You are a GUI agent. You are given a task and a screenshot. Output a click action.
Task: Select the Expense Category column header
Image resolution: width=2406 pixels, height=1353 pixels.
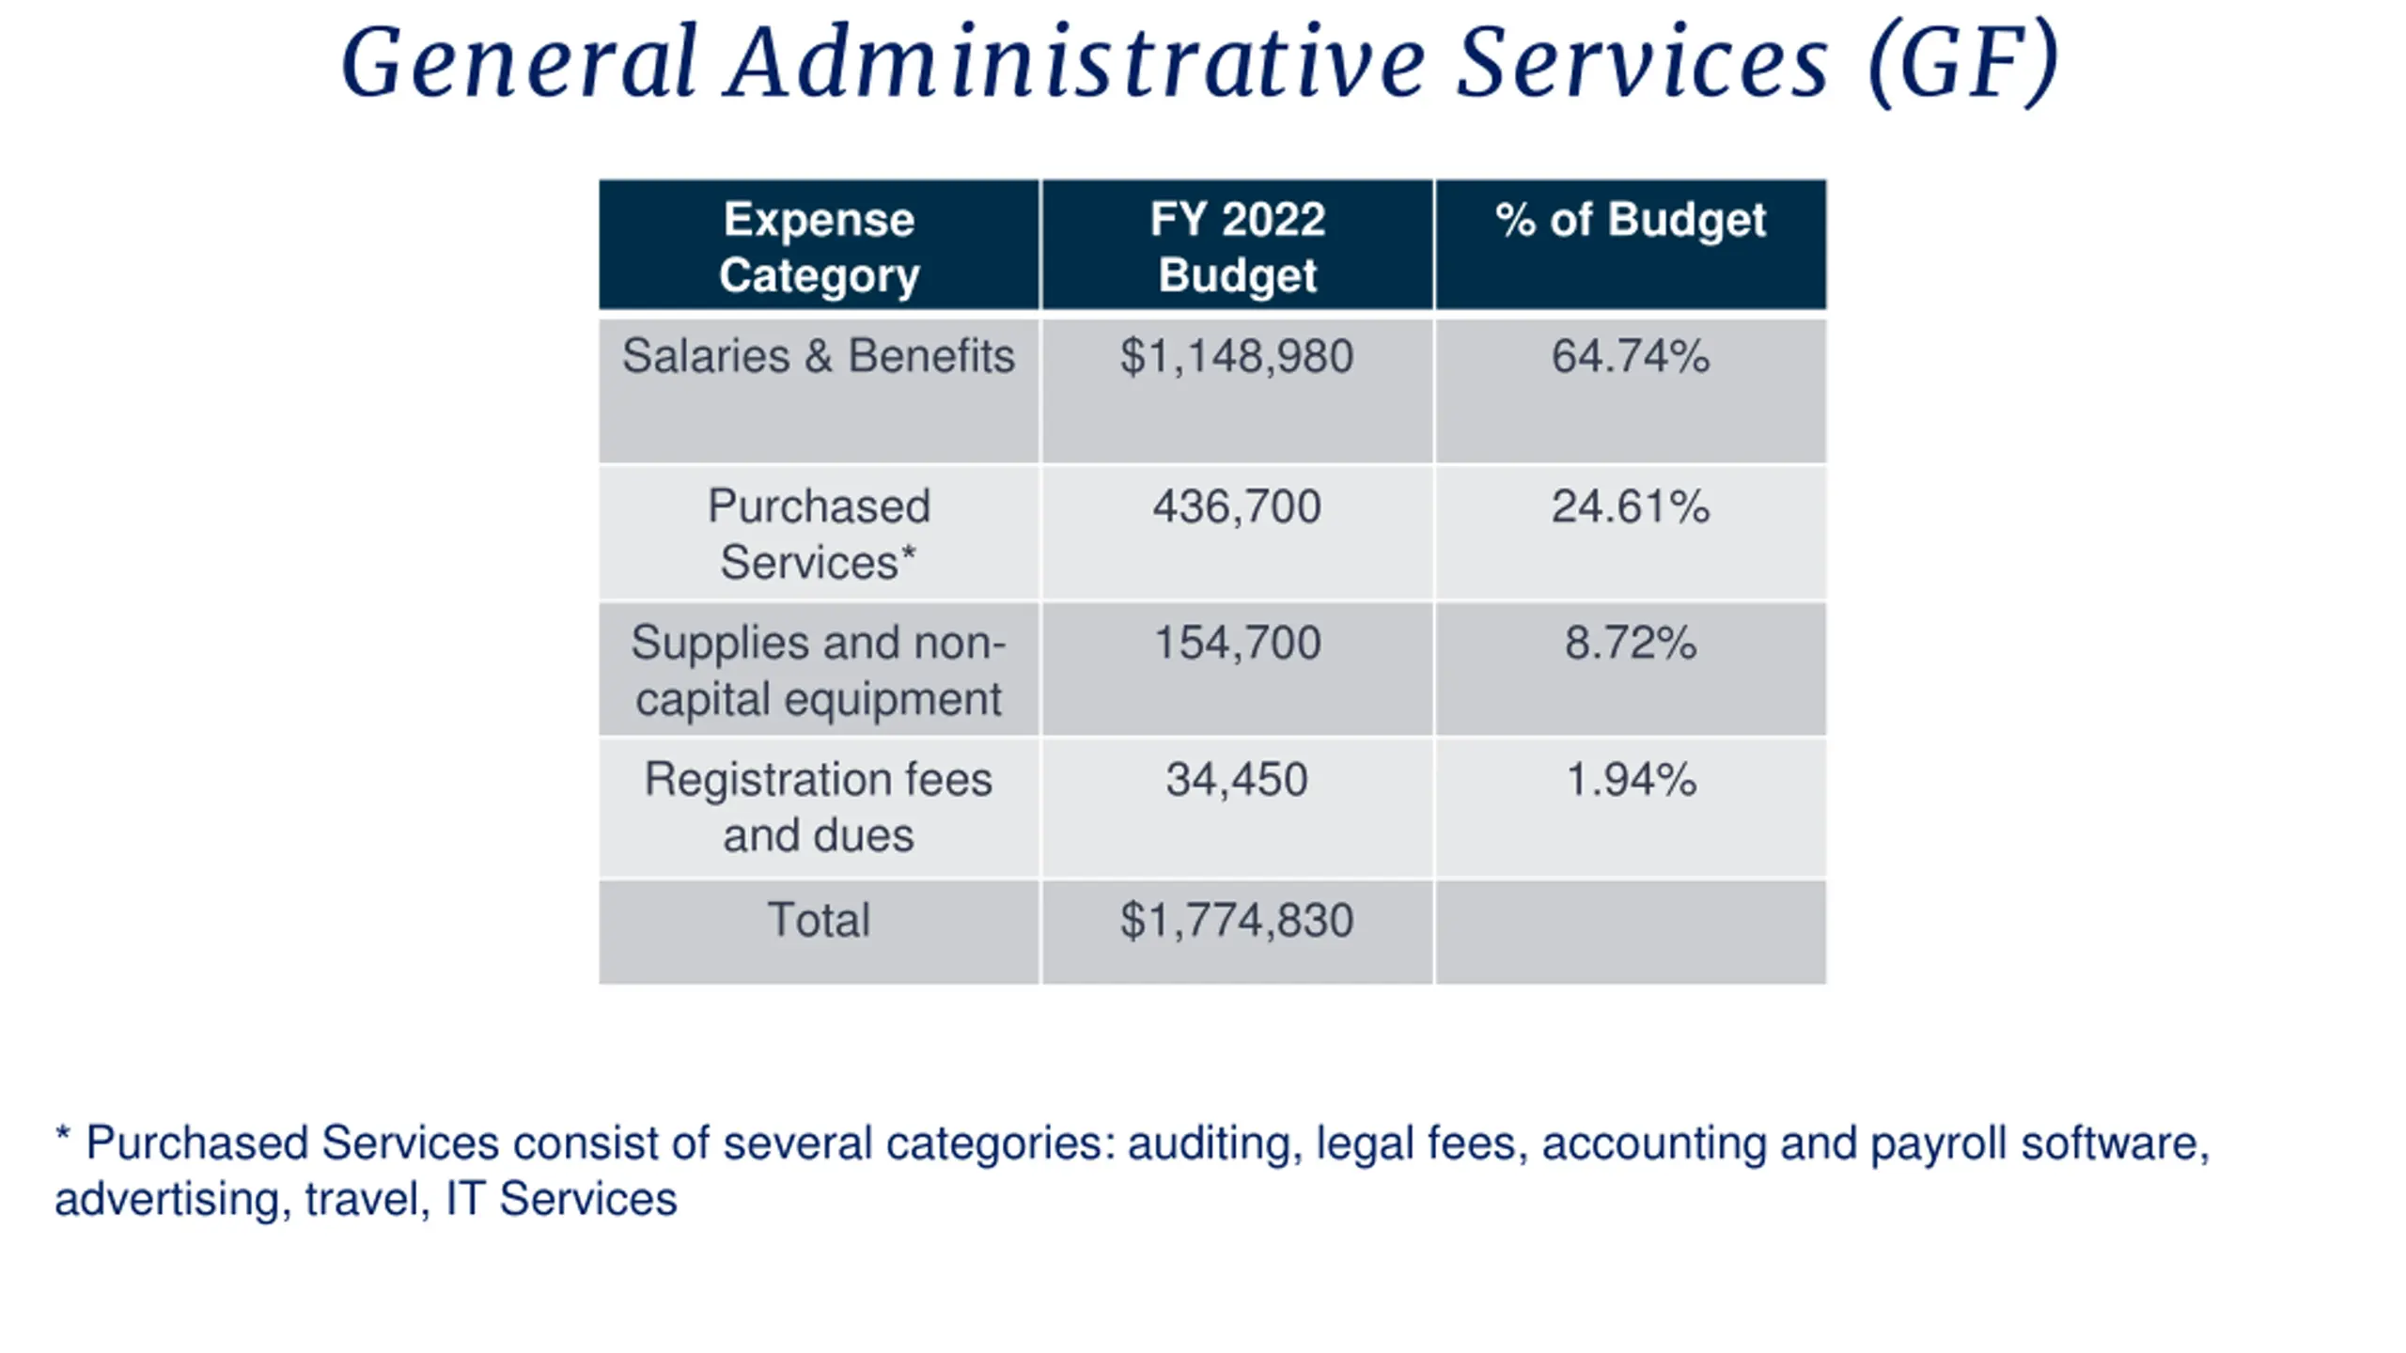pyautogui.click(x=819, y=247)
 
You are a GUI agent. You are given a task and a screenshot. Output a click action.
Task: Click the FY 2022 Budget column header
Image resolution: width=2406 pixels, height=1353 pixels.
pyautogui.click(x=1237, y=247)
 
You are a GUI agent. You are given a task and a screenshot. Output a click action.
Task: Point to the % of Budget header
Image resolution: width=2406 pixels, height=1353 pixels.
pyautogui.click(x=1631, y=220)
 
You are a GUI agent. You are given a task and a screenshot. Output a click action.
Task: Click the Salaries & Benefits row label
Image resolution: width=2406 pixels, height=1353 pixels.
pyautogui.click(x=819, y=356)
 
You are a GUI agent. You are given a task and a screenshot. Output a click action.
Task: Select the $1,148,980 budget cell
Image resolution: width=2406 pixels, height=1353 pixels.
pyautogui.click(x=1237, y=357)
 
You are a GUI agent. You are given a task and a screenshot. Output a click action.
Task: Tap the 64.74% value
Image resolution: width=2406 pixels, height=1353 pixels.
pyautogui.click(x=1631, y=356)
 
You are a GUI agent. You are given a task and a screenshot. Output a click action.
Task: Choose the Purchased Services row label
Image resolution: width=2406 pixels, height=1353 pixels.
pyautogui.click(x=819, y=534)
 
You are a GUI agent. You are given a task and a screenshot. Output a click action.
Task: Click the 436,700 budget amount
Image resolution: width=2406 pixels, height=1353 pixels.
pyautogui.click(x=1237, y=506)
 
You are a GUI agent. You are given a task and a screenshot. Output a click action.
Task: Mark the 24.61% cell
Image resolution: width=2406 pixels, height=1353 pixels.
pyautogui.click(x=1631, y=506)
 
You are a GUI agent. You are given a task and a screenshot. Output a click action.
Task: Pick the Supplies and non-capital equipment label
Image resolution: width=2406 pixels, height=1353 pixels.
pyautogui.click(x=819, y=671)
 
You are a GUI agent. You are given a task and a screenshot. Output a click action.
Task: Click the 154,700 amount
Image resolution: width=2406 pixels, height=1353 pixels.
pyautogui.click(x=1237, y=644)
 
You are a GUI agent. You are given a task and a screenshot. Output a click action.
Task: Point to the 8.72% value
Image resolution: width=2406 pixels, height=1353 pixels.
pyautogui.click(x=1631, y=644)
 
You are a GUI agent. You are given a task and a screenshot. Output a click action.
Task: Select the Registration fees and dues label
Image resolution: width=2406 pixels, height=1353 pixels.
pyautogui.click(x=819, y=807)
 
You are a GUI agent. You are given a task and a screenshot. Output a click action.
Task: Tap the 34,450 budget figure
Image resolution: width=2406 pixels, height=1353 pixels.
pyautogui.click(x=1237, y=780)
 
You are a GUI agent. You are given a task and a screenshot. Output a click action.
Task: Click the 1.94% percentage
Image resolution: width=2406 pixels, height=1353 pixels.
pyautogui.click(x=1631, y=780)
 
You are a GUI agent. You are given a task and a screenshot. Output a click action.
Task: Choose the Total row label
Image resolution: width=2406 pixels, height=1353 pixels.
pyautogui.click(x=819, y=920)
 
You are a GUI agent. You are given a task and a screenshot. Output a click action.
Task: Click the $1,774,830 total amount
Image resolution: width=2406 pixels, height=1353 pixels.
pyautogui.click(x=1237, y=921)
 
